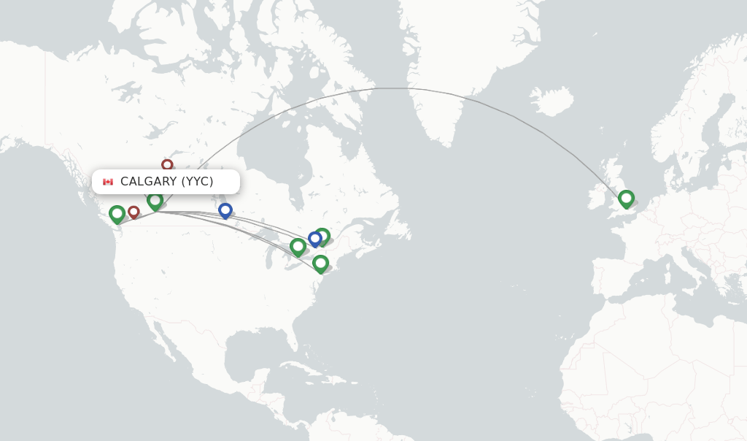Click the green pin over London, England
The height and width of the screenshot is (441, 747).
[x=626, y=198]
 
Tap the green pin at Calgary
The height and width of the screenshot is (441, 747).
[x=155, y=200]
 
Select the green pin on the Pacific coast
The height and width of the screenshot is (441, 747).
[x=117, y=214]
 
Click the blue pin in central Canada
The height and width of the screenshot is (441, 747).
[x=225, y=210]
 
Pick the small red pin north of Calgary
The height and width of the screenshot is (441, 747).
[x=167, y=165]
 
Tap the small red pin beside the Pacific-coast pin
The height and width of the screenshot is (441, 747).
[x=133, y=212]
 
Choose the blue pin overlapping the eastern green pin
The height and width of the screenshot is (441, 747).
[x=315, y=238]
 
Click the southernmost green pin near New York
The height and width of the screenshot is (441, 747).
[x=320, y=263]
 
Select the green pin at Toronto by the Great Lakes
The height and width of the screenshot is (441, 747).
[x=298, y=247]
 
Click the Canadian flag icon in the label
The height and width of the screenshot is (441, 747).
[x=108, y=182]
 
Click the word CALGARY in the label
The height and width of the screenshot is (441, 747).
[x=149, y=182]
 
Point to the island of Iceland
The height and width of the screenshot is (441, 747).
[x=551, y=101]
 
